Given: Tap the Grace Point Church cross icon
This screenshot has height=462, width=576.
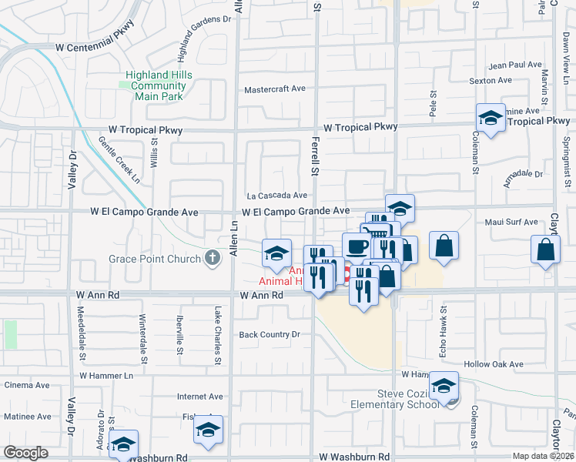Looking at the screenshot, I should point(213,259).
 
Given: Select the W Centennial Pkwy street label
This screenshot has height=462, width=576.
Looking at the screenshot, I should point(95,47).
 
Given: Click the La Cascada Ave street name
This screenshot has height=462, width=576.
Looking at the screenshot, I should point(276,196).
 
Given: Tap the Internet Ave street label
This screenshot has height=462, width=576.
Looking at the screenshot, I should point(199,397).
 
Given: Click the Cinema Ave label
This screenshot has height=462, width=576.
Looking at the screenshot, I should point(26,385).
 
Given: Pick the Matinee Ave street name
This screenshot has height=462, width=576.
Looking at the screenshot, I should point(27,417).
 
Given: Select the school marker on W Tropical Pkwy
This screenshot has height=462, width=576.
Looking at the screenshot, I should point(490,118).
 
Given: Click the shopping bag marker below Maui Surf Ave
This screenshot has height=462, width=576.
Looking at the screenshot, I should point(545,249).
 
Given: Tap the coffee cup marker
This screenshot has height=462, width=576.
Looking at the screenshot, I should point(356,246).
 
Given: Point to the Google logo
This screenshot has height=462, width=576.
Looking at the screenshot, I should point(25,453).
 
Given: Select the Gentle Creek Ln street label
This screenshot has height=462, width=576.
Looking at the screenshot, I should point(119,160).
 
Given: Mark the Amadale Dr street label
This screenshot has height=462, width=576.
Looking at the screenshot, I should point(523,175).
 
